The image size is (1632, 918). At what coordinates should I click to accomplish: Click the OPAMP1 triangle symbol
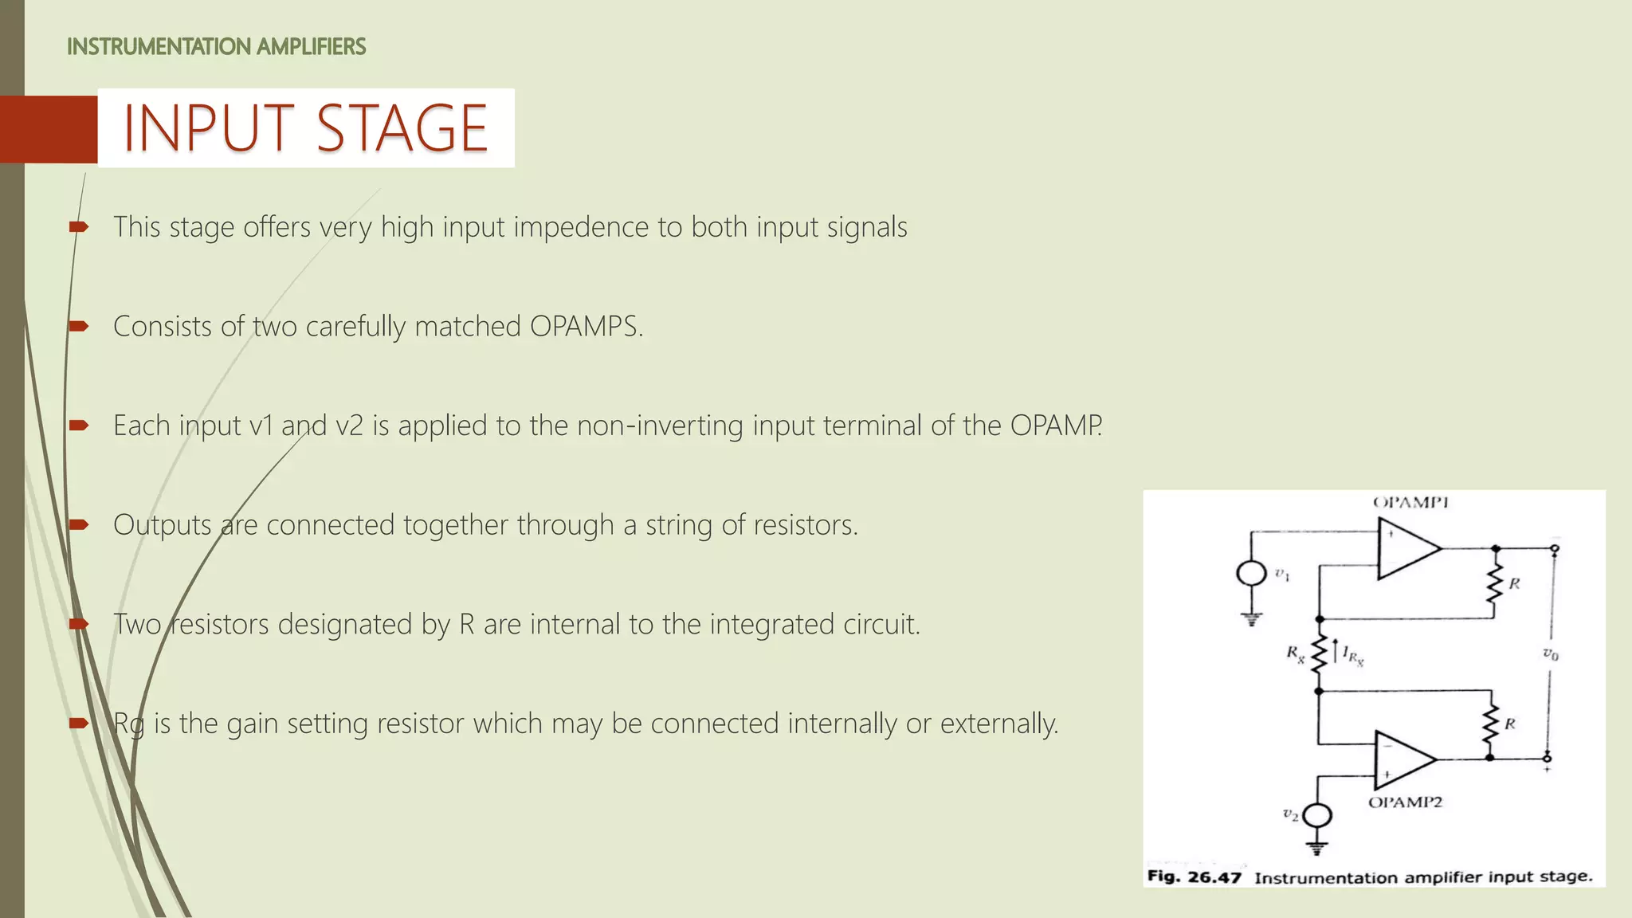pos(1406,548)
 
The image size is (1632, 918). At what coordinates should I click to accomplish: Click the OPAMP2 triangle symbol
pos(1402,758)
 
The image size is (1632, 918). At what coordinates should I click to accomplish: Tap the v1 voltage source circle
pos(1251,573)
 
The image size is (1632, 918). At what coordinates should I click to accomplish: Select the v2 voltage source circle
pos(1317,815)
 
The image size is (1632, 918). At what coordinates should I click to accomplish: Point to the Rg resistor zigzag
pos(1319,654)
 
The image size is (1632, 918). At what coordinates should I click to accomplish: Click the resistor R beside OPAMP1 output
pos(1495,583)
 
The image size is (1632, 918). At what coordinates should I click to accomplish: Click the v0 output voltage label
pos(1550,654)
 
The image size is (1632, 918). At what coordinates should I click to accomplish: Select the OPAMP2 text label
pos(1405,802)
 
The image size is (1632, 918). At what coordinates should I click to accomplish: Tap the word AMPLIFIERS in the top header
pos(312,47)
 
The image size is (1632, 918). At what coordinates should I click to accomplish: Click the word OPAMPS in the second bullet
pos(585,327)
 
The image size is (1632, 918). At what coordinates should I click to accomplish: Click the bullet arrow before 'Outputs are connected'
pos(78,524)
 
